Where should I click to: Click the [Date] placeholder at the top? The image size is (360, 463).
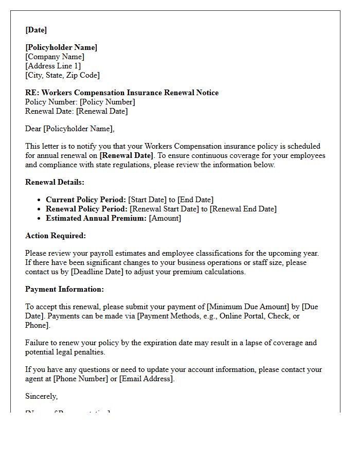[x=36, y=30]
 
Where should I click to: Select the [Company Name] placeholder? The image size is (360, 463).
[x=55, y=57]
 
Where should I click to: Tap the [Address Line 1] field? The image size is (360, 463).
[x=53, y=66]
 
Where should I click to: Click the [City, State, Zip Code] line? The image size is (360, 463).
[x=62, y=75]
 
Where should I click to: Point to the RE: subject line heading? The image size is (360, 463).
[x=122, y=93]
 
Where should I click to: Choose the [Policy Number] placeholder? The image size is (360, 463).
[x=107, y=102]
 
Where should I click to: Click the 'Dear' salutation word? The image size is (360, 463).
[x=33, y=129]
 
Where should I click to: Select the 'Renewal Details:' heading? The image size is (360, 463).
[x=55, y=182]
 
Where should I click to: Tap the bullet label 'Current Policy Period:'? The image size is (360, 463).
[x=85, y=200]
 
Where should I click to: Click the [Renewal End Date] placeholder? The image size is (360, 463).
[x=243, y=209]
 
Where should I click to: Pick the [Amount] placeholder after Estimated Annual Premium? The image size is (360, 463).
[x=165, y=218]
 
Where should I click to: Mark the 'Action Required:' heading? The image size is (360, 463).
[x=56, y=236]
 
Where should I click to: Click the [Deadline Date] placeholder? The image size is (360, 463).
[x=98, y=272]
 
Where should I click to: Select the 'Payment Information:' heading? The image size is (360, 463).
[x=64, y=289]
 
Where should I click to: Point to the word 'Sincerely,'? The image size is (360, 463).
[x=42, y=396]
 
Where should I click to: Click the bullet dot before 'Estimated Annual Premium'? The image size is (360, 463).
[x=40, y=218]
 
